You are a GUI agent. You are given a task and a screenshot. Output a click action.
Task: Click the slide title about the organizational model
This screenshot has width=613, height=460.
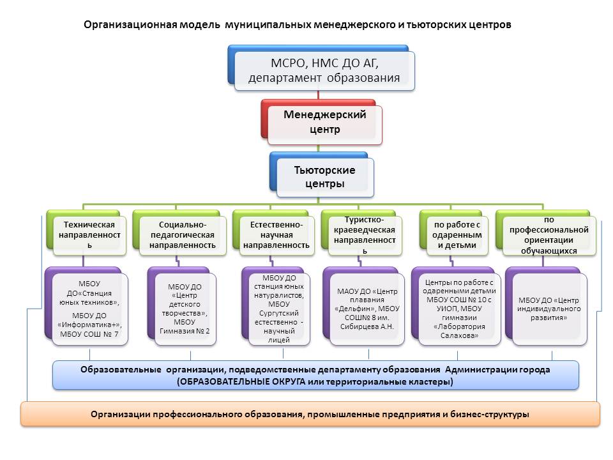[x=297, y=24]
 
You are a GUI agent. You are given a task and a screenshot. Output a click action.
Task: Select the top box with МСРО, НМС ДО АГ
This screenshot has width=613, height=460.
[x=324, y=70]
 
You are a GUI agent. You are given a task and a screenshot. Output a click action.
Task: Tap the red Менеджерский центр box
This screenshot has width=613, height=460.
[x=324, y=123]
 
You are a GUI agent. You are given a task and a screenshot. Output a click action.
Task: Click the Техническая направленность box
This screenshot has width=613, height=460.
[x=89, y=234]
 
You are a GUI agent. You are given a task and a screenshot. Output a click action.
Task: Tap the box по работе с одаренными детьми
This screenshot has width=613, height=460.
[x=456, y=234]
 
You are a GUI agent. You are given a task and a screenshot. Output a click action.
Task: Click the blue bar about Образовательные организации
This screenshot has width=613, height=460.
[x=315, y=375]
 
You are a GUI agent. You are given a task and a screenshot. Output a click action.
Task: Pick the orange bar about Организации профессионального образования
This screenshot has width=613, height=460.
[x=310, y=414]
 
